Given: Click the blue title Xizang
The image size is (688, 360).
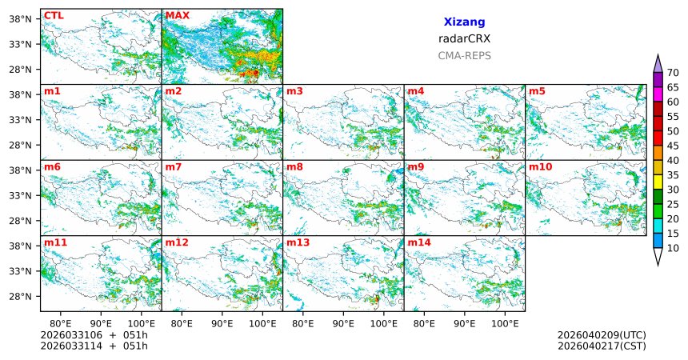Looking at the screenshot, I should [464, 22].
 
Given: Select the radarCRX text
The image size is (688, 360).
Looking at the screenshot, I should [464, 38].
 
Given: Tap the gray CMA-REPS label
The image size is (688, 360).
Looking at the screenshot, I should [464, 56].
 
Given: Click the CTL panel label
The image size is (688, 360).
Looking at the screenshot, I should [53, 15].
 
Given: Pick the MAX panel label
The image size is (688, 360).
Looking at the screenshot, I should [177, 15].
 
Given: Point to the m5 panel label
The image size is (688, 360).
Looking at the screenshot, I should [537, 91].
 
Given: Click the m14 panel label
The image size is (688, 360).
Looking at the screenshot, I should [419, 242].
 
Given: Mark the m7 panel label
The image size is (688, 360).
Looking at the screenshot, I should [174, 167].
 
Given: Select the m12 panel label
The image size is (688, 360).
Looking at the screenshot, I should [177, 242].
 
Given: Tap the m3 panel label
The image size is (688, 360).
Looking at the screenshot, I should [294, 91].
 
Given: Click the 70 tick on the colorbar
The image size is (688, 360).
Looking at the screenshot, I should [673, 72].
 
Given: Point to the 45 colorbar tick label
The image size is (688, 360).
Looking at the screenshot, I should [673, 150].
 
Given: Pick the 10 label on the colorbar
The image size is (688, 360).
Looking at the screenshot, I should [673, 249].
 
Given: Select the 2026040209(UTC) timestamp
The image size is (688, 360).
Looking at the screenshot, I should [602, 334].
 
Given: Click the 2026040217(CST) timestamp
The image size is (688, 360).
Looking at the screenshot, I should [602, 346].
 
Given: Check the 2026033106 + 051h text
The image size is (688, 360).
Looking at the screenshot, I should [94, 334].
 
